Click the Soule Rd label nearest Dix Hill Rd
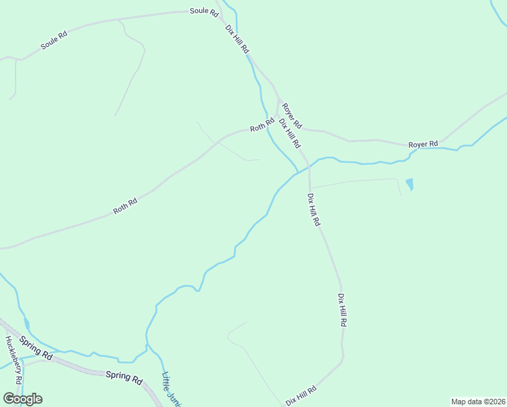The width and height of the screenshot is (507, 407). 204,12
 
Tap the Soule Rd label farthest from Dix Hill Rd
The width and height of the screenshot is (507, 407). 54,41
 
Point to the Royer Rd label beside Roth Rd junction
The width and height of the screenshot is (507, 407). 292,116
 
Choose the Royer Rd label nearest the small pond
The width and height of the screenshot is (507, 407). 423,144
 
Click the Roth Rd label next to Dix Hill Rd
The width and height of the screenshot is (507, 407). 260,127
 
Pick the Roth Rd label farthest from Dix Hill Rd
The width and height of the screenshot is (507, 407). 125,206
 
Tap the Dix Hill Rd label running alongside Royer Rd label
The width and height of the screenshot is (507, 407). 289,134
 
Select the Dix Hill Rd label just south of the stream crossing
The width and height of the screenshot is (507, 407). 314,210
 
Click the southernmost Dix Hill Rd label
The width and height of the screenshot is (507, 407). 302,396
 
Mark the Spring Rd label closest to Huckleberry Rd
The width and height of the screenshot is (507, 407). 36,347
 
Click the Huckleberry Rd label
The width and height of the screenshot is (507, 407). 14,360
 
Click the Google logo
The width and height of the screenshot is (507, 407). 22,399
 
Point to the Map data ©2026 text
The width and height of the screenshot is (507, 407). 478,402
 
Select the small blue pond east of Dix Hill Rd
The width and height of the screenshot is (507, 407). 409,184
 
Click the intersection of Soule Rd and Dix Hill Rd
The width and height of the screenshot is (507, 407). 219,12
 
